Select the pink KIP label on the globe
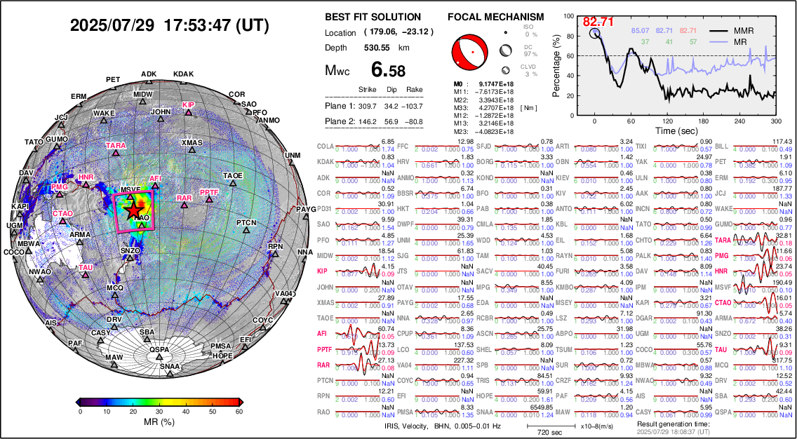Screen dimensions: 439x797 (188, 104)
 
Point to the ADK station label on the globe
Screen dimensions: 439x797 (149, 74)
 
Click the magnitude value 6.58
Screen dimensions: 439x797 (388, 70)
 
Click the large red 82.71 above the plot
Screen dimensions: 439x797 (598, 22)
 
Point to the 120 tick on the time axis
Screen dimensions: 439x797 (668, 121)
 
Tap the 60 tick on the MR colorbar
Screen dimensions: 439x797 (240, 412)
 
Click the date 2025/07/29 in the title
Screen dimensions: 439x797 (112, 26)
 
